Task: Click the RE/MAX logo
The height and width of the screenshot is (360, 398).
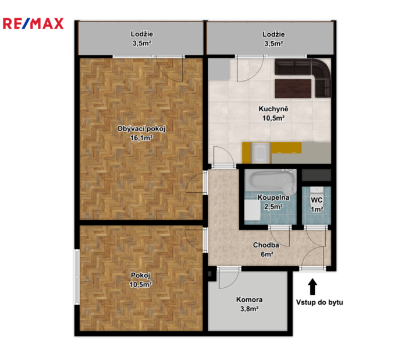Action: (x=33, y=24)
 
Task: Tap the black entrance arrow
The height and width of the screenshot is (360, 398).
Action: (x=312, y=287)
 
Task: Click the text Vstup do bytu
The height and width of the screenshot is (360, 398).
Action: (x=319, y=302)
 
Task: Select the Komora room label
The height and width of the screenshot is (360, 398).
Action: (x=249, y=300)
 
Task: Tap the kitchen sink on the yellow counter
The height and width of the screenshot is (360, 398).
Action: (x=260, y=153)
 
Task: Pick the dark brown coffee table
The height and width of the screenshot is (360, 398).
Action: (x=293, y=89)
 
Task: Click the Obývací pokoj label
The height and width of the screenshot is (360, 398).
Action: (x=141, y=129)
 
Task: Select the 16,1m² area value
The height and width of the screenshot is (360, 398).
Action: (x=141, y=138)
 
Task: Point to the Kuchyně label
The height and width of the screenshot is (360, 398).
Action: (x=273, y=109)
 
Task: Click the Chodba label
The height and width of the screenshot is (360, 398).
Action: (x=266, y=245)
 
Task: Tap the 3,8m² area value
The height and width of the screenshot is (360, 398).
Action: (x=250, y=309)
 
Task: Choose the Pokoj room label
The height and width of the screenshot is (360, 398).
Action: (x=141, y=275)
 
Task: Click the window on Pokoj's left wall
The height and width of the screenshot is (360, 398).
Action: (x=77, y=277)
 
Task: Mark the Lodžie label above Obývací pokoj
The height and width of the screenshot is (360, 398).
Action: (x=142, y=34)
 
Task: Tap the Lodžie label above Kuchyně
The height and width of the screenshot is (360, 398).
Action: (x=273, y=34)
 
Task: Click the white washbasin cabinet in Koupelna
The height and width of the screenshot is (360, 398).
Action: (x=253, y=210)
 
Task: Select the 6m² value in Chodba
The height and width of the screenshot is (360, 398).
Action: (x=266, y=254)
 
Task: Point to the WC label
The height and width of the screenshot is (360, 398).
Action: (x=317, y=200)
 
